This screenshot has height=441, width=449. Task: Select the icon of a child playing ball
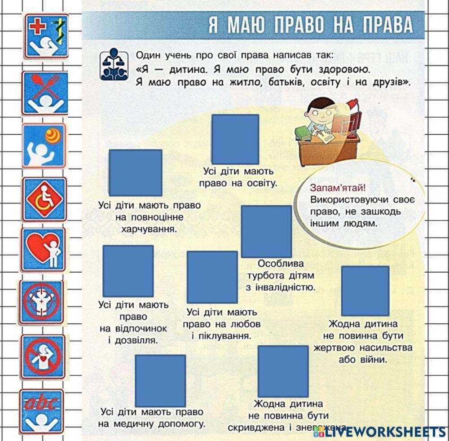point(44,146)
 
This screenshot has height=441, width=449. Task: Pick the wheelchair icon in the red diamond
point(44,199)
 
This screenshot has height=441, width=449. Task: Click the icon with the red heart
point(44,250)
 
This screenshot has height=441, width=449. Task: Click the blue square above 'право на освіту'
point(235,139)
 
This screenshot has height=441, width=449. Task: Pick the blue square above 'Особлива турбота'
point(266,231)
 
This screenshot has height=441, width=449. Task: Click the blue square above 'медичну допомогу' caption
point(160,380)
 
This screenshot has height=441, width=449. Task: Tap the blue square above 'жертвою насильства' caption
point(365,291)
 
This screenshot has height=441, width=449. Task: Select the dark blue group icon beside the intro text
point(113,65)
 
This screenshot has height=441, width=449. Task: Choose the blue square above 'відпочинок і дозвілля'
point(128,271)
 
